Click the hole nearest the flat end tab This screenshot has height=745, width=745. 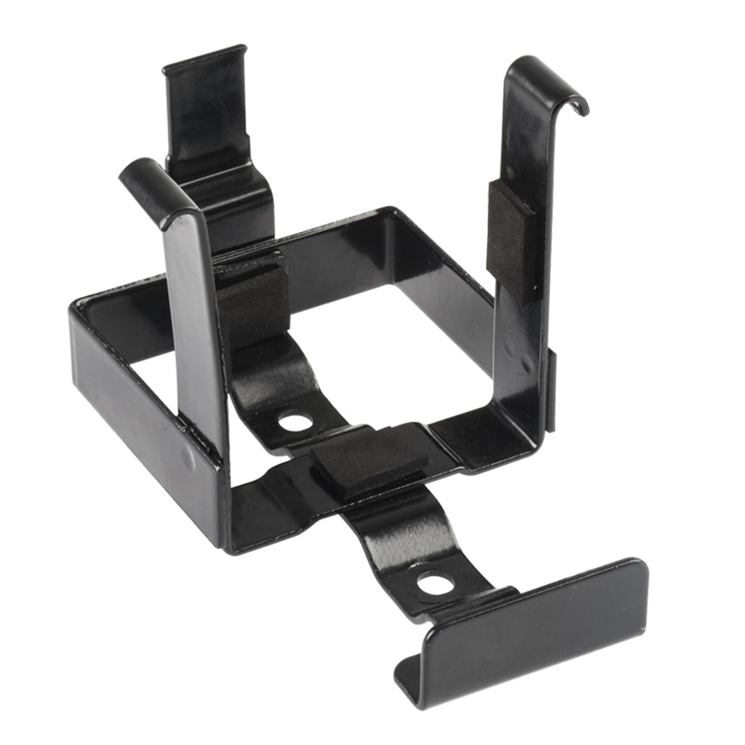435,582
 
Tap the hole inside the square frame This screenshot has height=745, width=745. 295,421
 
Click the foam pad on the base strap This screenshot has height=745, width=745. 370,461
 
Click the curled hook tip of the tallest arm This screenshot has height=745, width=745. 579,106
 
